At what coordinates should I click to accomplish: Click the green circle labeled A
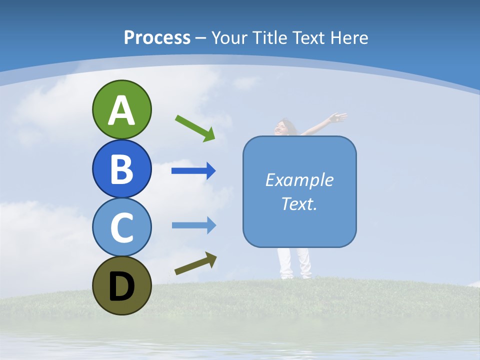click(121, 109)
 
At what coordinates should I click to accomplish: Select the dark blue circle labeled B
click(121, 168)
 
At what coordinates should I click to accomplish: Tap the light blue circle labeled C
click(121, 227)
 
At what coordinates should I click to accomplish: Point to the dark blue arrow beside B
click(193, 171)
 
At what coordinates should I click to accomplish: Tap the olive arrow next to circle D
click(195, 264)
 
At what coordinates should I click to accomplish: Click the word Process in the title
click(157, 37)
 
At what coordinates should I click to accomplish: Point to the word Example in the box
click(299, 180)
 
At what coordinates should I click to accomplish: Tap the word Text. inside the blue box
click(299, 203)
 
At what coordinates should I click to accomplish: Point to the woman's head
click(285, 125)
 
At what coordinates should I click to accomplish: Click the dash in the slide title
click(200, 38)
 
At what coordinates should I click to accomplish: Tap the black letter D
click(121, 287)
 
